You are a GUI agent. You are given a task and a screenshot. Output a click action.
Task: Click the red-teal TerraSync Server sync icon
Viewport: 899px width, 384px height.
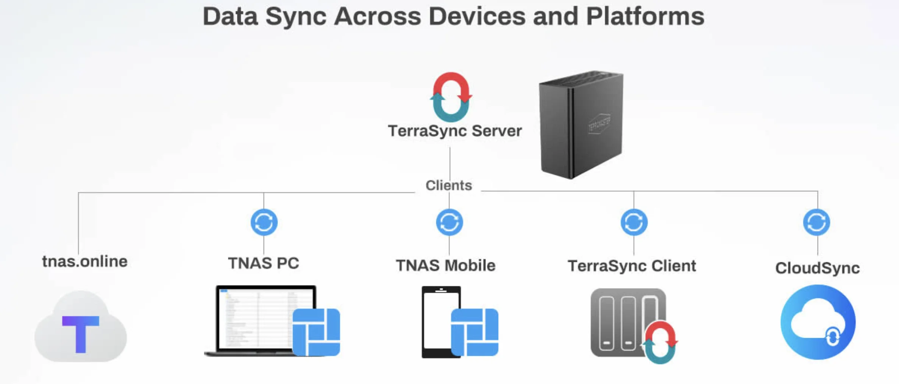pos(451,97)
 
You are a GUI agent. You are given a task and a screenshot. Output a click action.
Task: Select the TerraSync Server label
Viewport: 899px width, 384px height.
pos(455,131)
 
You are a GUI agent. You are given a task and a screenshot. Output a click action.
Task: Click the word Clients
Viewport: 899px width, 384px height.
pos(449,185)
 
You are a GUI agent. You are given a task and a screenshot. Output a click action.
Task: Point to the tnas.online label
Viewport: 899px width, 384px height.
pos(85,261)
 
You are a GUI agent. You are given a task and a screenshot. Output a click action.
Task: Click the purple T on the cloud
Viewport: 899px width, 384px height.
pos(81,334)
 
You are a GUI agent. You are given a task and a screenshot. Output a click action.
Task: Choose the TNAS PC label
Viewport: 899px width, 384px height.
pos(264,263)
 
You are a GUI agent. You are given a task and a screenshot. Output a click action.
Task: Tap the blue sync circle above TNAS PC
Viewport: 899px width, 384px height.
pos(264,222)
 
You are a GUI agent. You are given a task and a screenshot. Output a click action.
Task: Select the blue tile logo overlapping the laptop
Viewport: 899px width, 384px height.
pos(316,332)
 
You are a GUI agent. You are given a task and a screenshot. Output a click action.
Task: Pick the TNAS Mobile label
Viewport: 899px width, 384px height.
pos(446,265)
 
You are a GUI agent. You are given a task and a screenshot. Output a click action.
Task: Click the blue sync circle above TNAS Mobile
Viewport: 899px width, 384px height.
pos(449,222)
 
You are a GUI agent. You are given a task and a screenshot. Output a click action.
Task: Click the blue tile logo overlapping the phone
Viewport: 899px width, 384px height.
pos(474,332)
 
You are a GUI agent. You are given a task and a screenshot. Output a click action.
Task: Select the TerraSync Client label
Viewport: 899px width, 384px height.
pos(632,266)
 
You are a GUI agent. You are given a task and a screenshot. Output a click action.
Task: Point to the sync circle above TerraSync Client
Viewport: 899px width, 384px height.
pos(634,222)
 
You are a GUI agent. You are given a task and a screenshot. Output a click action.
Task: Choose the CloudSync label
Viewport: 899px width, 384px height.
pos(817,268)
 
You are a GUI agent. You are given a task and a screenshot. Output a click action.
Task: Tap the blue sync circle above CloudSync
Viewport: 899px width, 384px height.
pos(816,222)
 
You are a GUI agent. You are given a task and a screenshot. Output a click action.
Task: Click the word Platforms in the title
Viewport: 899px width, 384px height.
pos(645,16)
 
